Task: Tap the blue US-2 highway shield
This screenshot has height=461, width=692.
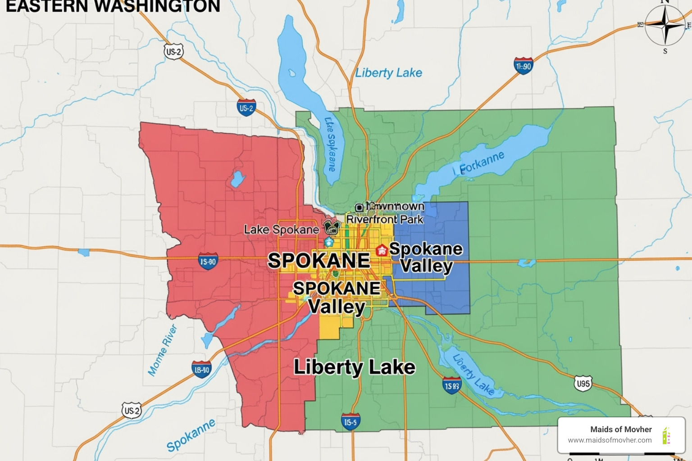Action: pyautogui.click(x=246, y=108)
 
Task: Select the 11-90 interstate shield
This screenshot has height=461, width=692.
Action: pyautogui.click(x=523, y=66)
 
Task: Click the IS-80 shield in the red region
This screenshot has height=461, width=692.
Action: pyautogui.click(x=208, y=261)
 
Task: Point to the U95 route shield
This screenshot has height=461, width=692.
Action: pyautogui.click(x=583, y=384)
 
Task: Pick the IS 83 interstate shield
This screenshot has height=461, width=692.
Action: pyautogui.click(x=451, y=385)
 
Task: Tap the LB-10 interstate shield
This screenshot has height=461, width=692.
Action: pyautogui.click(x=201, y=370)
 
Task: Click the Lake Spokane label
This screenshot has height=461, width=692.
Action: pyautogui.click(x=281, y=230)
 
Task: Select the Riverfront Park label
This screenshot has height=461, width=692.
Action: pyautogui.click(x=385, y=219)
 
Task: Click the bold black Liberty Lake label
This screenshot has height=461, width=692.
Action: pyautogui.click(x=354, y=367)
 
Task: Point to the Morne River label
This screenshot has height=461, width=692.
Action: pyautogui.click(x=163, y=350)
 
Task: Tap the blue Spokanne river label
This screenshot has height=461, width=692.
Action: pyautogui.click(x=191, y=435)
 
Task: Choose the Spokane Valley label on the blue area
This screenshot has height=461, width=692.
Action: pyautogui.click(x=426, y=257)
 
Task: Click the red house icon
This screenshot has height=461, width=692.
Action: pyautogui.click(x=382, y=250)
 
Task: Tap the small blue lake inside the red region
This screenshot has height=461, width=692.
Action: pyautogui.click(x=237, y=179)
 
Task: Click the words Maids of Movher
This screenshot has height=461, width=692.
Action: pyautogui.click(x=621, y=429)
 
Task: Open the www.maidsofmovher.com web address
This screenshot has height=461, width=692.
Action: pyautogui.click(x=610, y=440)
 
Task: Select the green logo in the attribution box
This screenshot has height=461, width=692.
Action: pyautogui.click(x=666, y=436)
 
